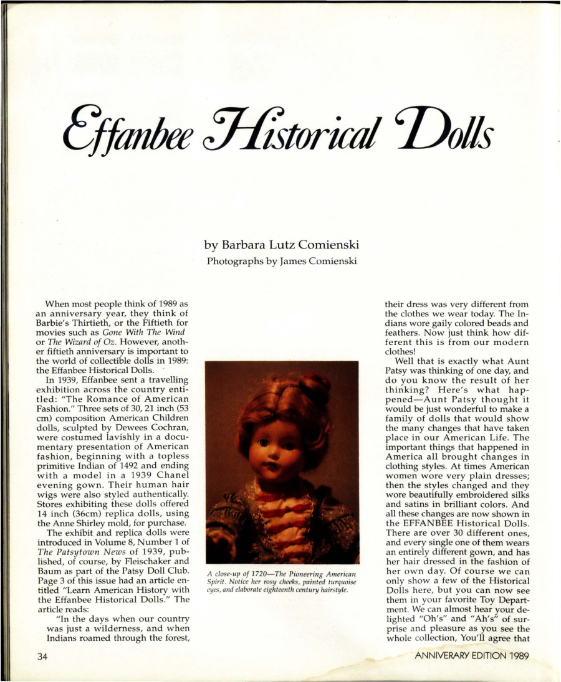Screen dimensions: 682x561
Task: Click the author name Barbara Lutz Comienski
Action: (x=281, y=246)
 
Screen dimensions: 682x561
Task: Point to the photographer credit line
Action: (x=281, y=261)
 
